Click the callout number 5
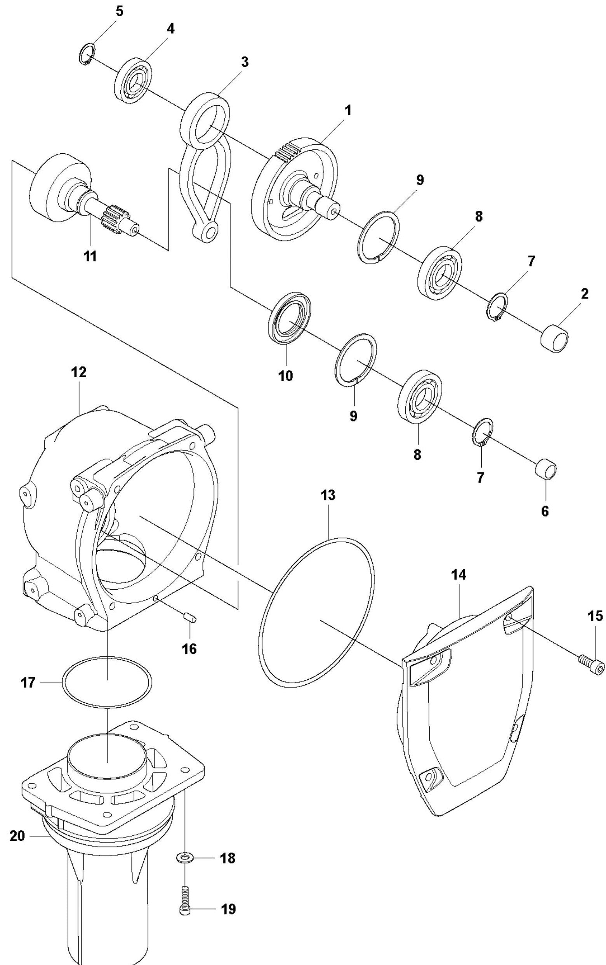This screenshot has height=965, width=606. click(120, 11)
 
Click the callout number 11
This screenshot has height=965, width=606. click(90, 256)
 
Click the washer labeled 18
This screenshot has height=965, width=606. click(184, 858)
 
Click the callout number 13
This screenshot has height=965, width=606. click(328, 495)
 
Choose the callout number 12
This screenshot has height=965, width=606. click(78, 372)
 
